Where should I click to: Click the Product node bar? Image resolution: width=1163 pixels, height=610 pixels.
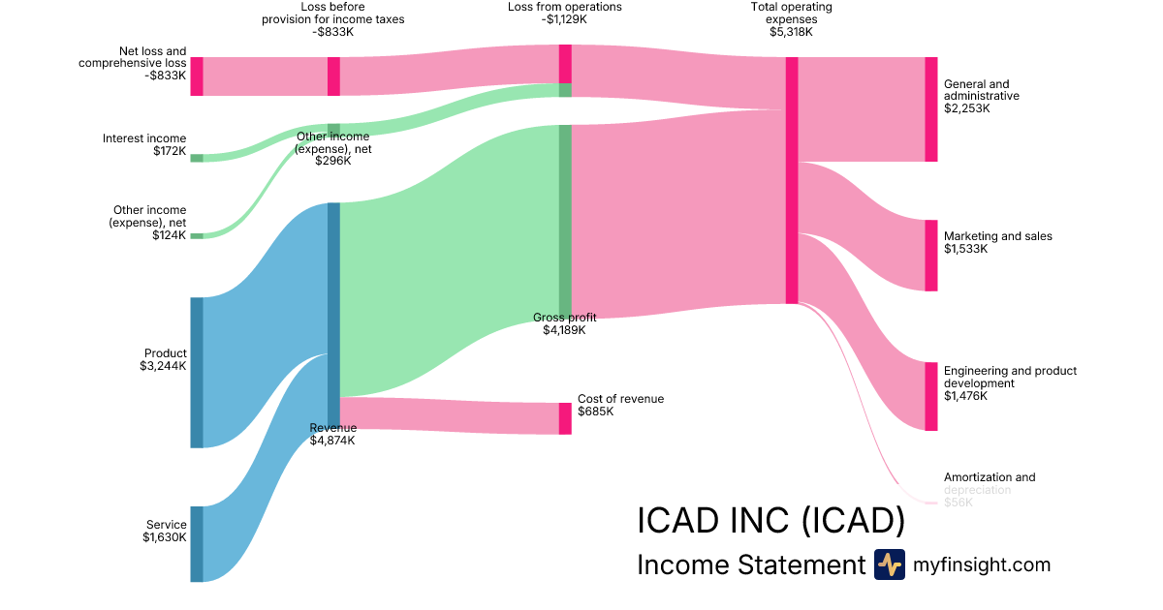[197, 373]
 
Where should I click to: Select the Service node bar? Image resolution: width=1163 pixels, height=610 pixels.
[197, 543]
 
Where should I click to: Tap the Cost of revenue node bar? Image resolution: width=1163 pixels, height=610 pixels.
[565, 418]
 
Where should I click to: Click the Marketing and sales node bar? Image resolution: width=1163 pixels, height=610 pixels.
[931, 256]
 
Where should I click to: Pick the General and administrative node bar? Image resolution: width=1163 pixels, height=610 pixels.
[931, 109]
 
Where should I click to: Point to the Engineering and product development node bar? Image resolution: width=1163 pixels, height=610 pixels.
[931, 396]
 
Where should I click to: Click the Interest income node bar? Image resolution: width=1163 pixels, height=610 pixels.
[197, 158]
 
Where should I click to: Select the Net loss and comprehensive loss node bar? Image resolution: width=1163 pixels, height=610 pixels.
[197, 76]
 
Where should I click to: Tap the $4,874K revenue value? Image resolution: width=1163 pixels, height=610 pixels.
[332, 441]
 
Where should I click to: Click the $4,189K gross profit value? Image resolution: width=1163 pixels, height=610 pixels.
[565, 330]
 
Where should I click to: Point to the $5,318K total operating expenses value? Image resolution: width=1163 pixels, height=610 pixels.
[791, 32]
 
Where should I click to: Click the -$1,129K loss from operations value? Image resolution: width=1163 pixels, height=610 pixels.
[565, 19]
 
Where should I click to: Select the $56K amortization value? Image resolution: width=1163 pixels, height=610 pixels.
[959, 502]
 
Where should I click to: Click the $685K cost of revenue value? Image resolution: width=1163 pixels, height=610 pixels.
[596, 412]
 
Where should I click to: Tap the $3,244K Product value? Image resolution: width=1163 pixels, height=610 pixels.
[163, 366]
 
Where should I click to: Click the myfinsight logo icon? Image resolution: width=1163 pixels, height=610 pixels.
[889, 564]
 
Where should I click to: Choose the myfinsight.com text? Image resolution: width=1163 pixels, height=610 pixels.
[982, 564]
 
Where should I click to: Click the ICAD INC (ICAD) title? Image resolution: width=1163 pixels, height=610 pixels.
[770, 520]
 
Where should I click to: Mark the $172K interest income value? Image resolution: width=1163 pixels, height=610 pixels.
[169, 151]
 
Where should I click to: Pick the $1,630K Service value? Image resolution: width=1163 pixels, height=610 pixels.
[164, 537]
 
